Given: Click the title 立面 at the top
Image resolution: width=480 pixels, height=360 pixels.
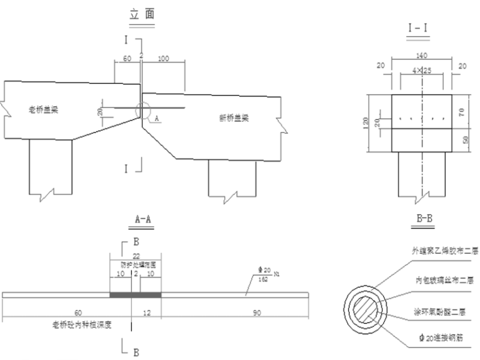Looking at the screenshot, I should coord(142,14).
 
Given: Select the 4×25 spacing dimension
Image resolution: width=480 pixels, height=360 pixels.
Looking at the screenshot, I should coord(422,69).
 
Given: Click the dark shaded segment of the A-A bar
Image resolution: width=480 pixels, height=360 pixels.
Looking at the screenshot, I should coord(135,295).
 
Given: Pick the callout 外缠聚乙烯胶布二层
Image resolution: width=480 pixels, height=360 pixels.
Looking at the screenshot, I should coord(440,249).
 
